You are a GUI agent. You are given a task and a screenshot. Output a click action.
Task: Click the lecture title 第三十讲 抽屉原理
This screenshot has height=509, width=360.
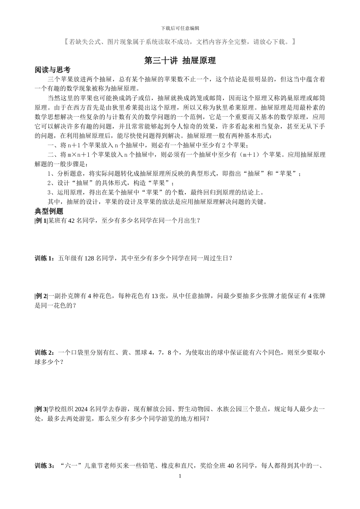coord(180,61)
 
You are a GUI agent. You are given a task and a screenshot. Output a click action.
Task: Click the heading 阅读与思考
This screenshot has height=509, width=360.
coord(52,70)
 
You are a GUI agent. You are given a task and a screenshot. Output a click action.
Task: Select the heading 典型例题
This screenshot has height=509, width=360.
coord(49,211)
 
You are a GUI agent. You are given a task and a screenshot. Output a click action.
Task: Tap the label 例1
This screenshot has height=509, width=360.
coord(41,220)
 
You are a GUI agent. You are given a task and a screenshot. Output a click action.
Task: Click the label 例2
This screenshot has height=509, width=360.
coord(41,296)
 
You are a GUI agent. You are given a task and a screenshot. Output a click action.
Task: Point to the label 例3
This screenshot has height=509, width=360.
coord(41,409)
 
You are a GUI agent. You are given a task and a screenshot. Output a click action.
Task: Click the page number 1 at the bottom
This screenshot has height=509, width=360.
coord(180,476)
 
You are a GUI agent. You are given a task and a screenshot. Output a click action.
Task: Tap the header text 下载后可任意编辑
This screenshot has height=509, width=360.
coord(180,28)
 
